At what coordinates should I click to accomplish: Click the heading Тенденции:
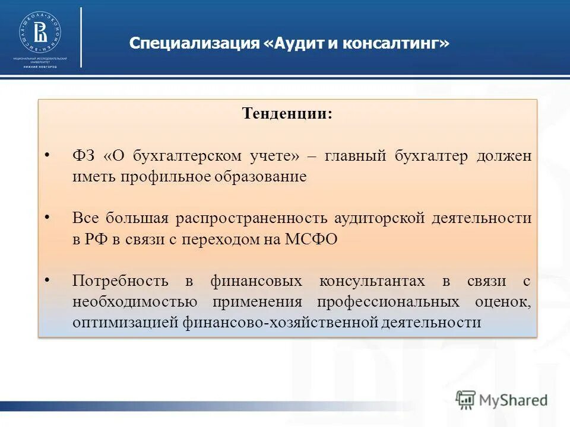pos(287,114)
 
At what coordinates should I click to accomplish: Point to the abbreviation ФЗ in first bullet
pos(84,156)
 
